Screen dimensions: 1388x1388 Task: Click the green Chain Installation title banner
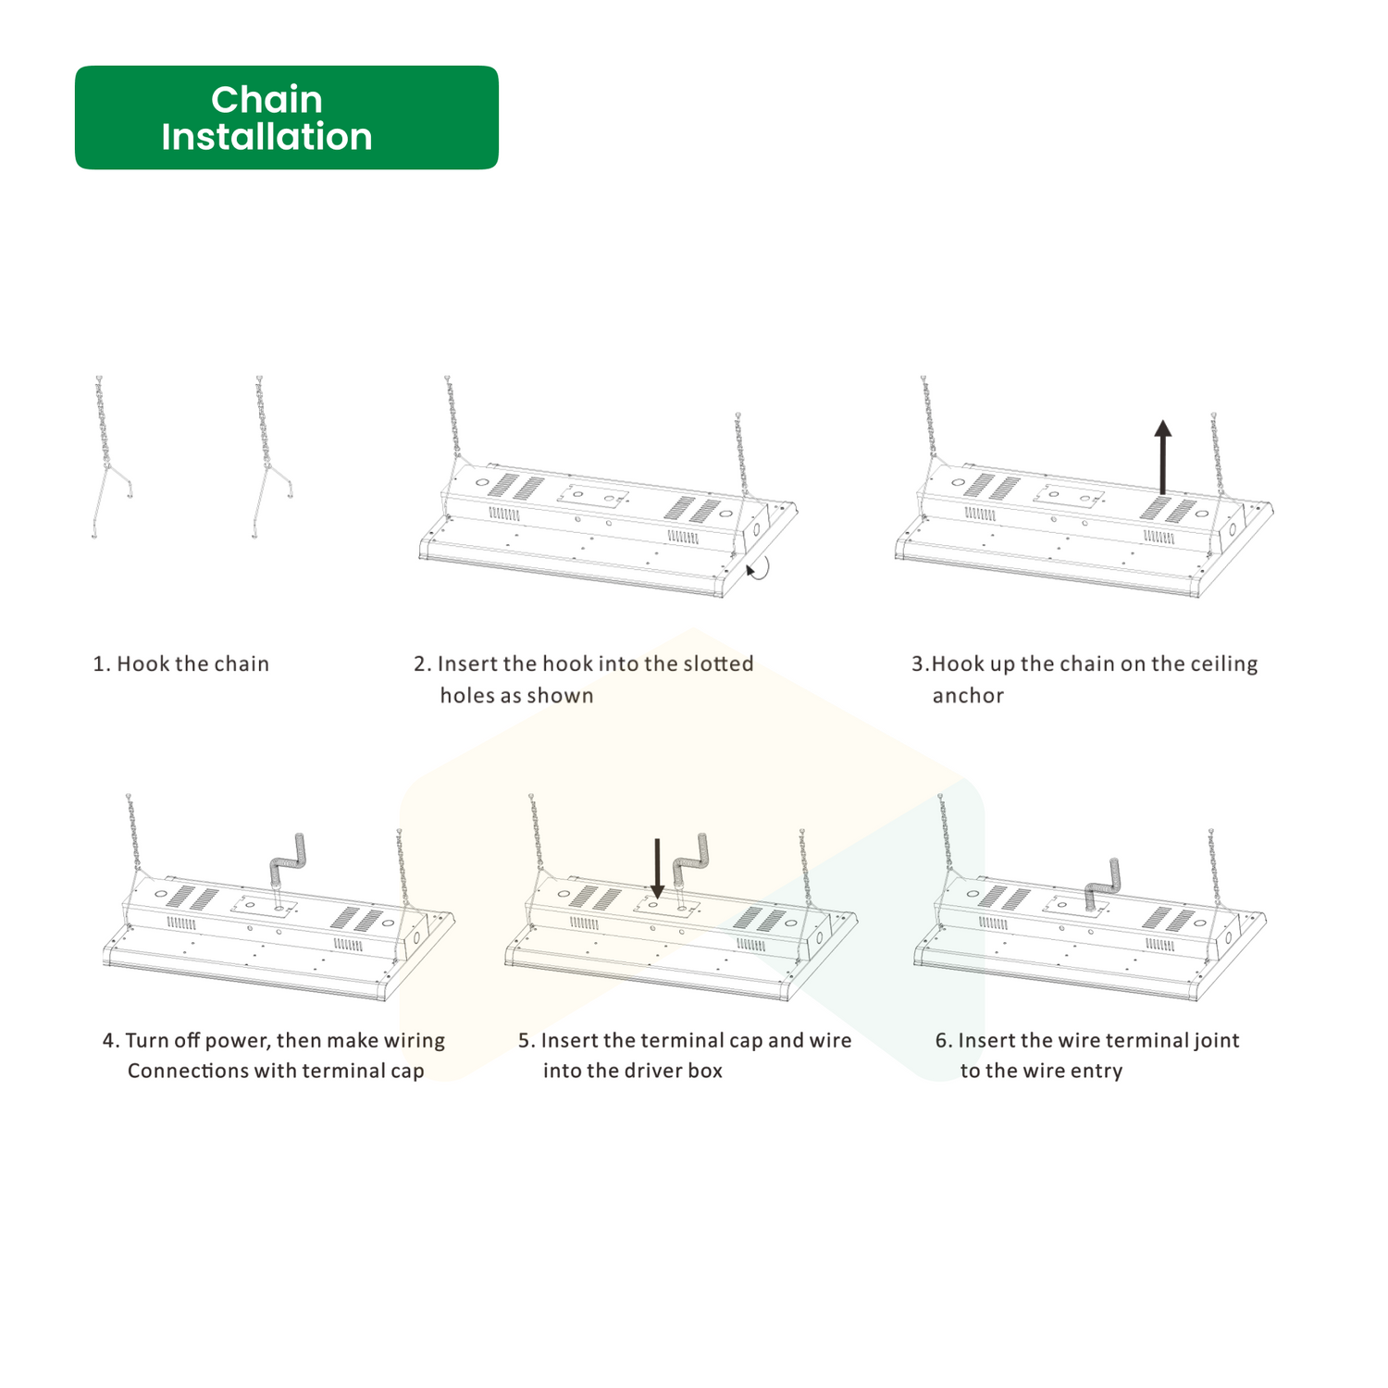pyautogui.click(x=287, y=118)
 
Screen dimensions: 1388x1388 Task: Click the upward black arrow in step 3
pyautogui.click(x=1163, y=457)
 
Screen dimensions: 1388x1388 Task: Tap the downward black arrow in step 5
pyautogui.click(x=657, y=868)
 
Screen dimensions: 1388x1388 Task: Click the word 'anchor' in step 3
pyautogui.click(x=968, y=696)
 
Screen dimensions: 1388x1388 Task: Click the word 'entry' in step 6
pyautogui.click(x=1097, y=1072)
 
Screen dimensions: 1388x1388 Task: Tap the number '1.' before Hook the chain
pyautogui.click(x=102, y=664)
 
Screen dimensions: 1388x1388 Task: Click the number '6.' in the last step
pyautogui.click(x=944, y=1041)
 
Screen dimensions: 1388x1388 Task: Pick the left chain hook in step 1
pyautogui.click(x=111, y=457)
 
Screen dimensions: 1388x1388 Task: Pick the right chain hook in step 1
pyautogui.click(x=271, y=457)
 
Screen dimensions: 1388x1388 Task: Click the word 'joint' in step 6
pyautogui.click(x=1217, y=1041)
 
